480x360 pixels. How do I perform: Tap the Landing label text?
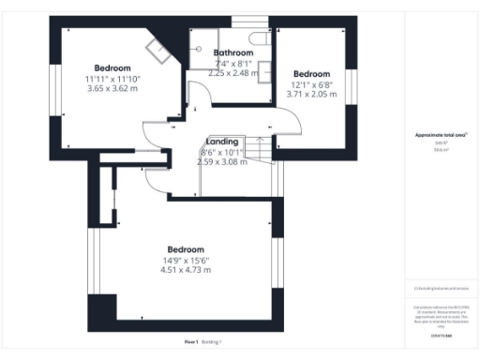(x=221, y=141)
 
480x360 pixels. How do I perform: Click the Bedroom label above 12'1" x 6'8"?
(x=311, y=74)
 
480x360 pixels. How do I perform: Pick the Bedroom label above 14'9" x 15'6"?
(x=186, y=249)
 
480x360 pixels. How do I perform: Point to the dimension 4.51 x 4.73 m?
(x=186, y=270)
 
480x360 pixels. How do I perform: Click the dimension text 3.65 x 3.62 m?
(x=98, y=89)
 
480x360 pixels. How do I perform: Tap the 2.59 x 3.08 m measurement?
(x=221, y=161)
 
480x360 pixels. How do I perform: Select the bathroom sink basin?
(x=266, y=67)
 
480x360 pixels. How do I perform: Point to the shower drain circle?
(x=200, y=46)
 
